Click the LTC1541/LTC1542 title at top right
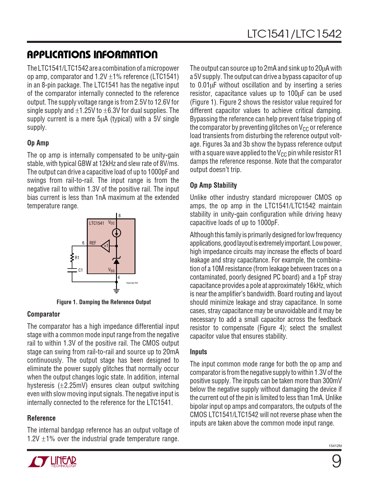pyautogui.click(x=294, y=34)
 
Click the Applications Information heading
pyautogui.click(x=92, y=54)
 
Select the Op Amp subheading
pyautogui.click(x=38, y=143)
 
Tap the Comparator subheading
pyautogui.click(x=43, y=314)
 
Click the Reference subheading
pyautogui.click(x=41, y=418)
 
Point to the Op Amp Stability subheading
pyautogui.click(x=213, y=185)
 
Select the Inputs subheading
pyautogui.click(x=198, y=352)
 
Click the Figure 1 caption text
pyautogui.click(x=104, y=302)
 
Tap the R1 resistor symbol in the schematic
pyautogui.click(x=72, y=258)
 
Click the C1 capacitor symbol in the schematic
pyautogui.click(x=72, y=270)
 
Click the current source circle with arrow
pyautogui.click(x=116, y=233)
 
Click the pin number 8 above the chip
pyautogui.click(x=120, y=216)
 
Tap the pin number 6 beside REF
pyautogui.click(x=83, y=243)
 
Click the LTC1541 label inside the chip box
pyautogui.click(x=96, y=223)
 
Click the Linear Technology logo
pyautogui.click(x=52, y=461)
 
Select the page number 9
pyautogui.click(x=336, y=461)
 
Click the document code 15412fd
pyautogui.click(x=335, y=446)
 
